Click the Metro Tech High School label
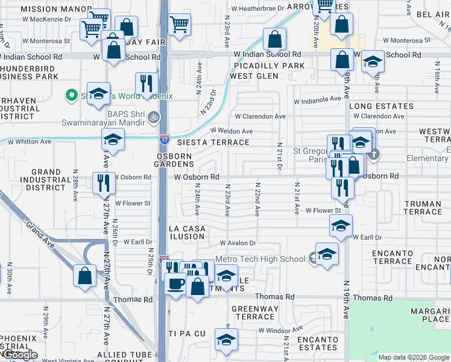[x=260, y=259]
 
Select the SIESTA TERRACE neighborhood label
[x=213, y=142]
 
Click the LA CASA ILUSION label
[x=187, y=233]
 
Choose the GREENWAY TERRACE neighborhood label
[x=256, y=313]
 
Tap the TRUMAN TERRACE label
[x=423, y=208]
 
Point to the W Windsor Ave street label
[x=280, y=330]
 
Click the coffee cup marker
[x=176, y=282]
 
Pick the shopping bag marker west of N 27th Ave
[x=85, y=275]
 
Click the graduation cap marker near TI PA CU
[x=226, y=340]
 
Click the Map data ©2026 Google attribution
[x=413, y=357]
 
